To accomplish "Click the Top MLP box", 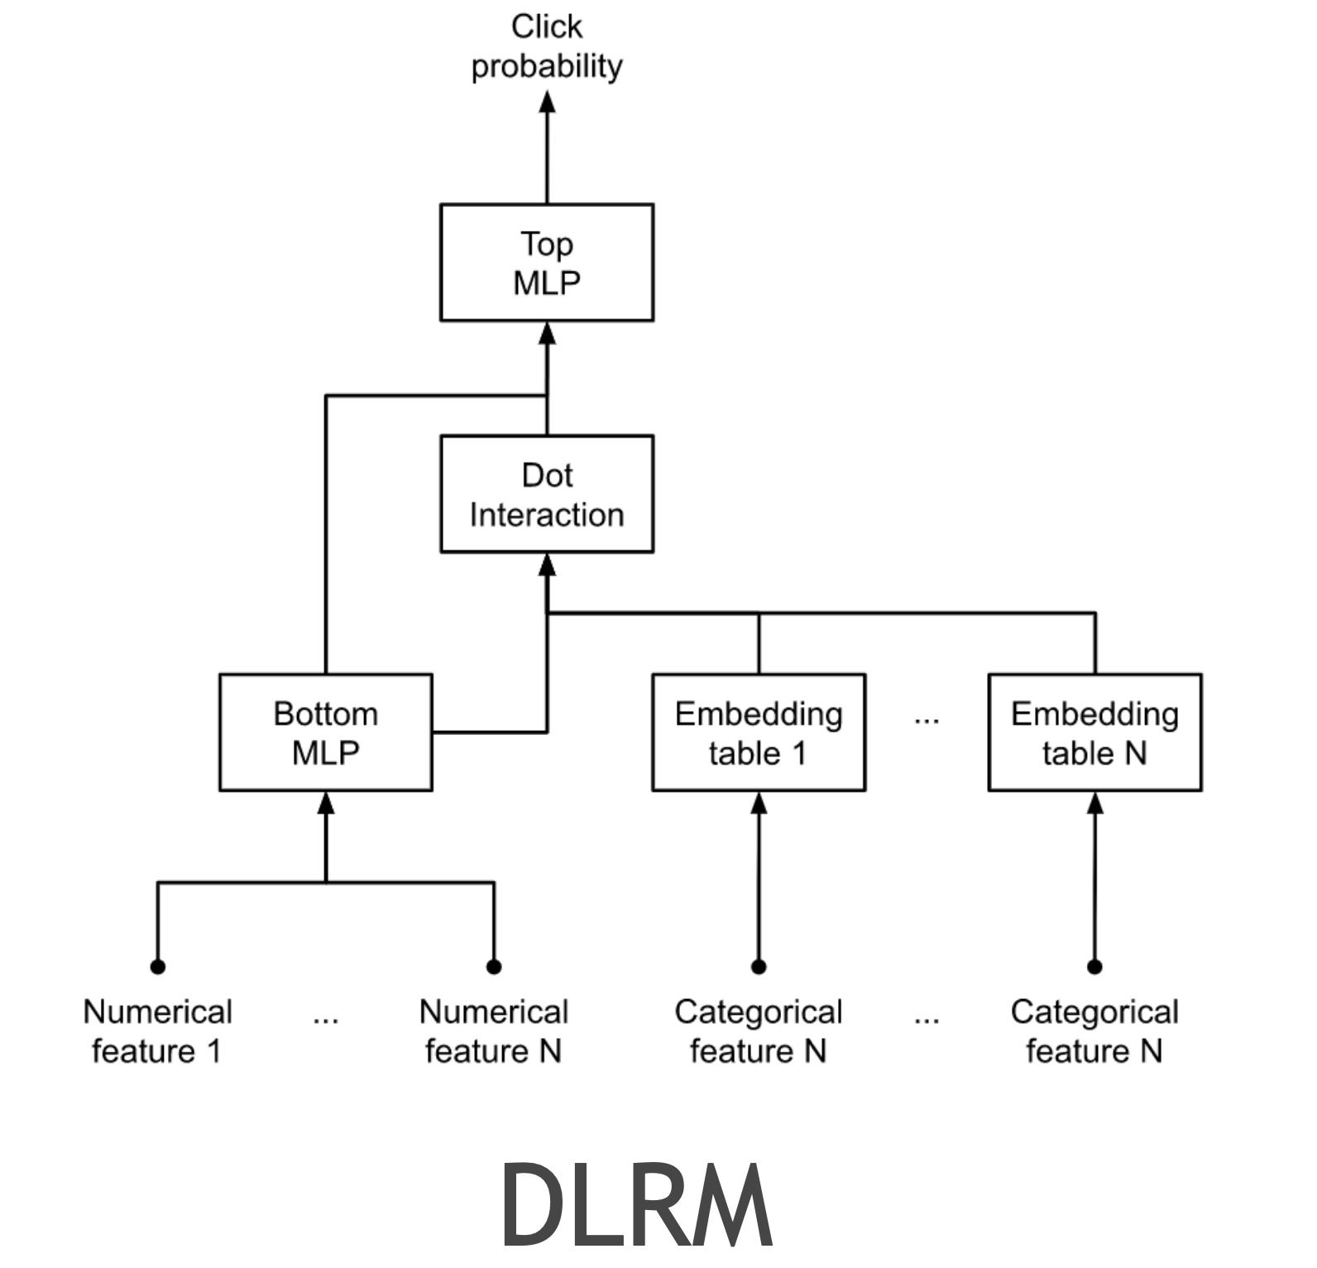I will point(547,262).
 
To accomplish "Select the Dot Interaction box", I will point(547,494).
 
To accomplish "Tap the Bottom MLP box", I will point(325,732).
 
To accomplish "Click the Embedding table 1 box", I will point(759,732).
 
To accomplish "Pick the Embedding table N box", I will point(1094,732).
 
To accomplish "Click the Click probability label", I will point(547,46).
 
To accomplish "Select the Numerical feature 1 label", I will point(157,1030).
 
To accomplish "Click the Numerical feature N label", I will point(494,1030).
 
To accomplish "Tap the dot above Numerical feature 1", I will point(158,966).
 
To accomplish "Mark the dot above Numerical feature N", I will point(494,966).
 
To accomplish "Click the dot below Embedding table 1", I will point(759,966).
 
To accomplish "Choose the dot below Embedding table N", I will point(1094,966).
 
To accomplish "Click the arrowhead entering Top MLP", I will point(547,334).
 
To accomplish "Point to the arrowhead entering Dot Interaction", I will point(547,565).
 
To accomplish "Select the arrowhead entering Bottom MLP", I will point(326,804).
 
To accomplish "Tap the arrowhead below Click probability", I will point(547,103).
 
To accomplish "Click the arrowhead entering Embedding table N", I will point(1094,804).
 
